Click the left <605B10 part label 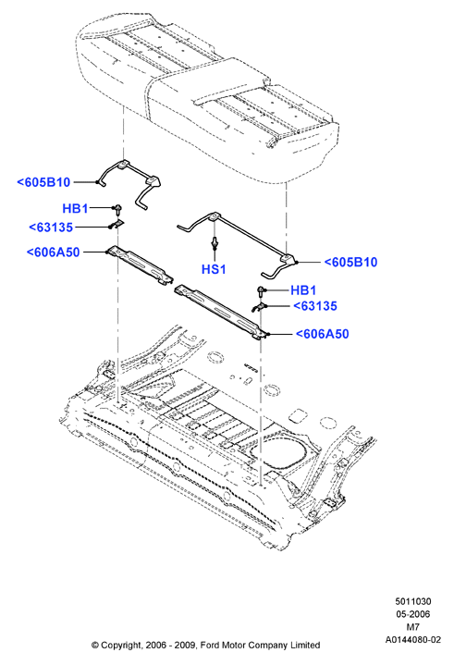(x=43, y=182)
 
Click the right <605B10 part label (x=350, y=262)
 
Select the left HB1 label (x=75, y=208)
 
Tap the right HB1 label (x=303, y=290)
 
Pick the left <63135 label (x=51, y=228)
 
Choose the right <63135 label (x=315, y=306)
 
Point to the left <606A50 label (x=53, y=252)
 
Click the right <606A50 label (x=322, y=334)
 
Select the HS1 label (x=214, y=269)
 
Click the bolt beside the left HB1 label (x=117, y=209)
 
